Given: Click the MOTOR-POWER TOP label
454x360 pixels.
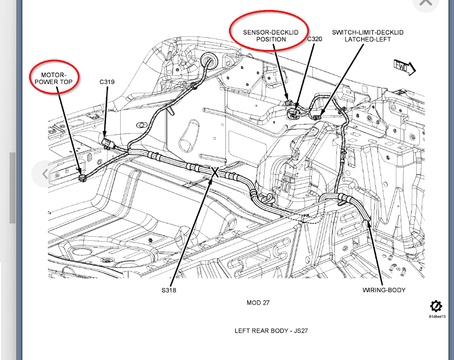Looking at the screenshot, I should click(54, 78).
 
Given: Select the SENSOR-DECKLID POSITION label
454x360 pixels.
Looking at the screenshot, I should click(270, 36).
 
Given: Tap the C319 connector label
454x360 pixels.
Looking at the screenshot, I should click(107, 82).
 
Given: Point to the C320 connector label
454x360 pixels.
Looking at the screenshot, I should click(314, 39).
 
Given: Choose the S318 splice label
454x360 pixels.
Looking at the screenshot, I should click(168, 290).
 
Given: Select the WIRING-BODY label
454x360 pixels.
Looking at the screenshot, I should click(383, 290).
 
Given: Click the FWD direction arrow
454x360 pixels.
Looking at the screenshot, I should click(404, 68).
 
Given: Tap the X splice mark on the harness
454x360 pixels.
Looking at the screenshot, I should click(215, 172).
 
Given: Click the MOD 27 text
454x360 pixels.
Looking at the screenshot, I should click(258, 303).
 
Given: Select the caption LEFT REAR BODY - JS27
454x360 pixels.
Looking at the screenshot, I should click(271, 330).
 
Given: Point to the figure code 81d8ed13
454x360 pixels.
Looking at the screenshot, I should click(437, 316).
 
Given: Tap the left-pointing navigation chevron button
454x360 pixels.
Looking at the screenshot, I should click(45, 173).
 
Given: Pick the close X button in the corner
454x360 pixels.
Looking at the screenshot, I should click(426, 3).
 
